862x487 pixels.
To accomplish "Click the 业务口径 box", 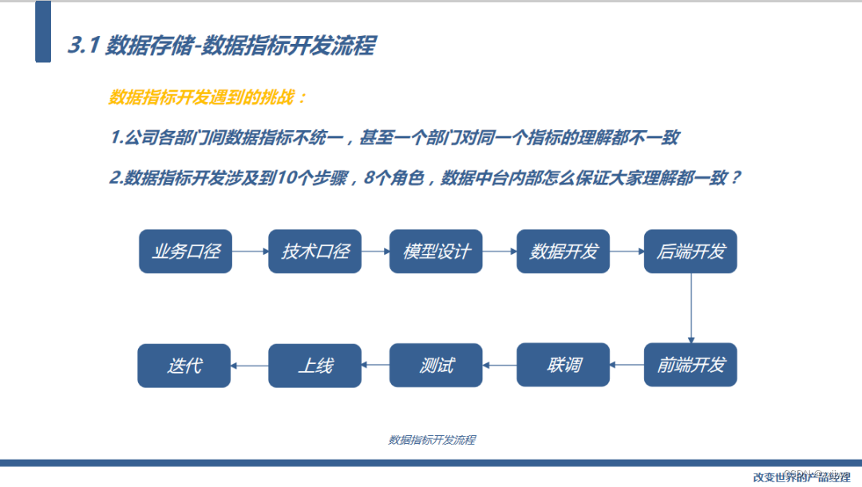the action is point(184,251).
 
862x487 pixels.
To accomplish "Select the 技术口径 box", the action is point(314,251).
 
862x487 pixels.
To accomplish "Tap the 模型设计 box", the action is point(436,251).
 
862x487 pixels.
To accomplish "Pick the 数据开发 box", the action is point(563,251).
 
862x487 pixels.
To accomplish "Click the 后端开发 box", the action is point(690,251).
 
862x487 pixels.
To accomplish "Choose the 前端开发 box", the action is point(690,366).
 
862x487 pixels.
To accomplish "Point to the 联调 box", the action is point(563,366).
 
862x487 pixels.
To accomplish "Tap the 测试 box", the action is point(436,366).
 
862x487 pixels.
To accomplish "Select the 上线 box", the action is point(314,366).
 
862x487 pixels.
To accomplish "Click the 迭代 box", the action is point(184,366).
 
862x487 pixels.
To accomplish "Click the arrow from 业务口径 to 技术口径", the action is point(250,251).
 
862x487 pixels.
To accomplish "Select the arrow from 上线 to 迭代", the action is point(250,366).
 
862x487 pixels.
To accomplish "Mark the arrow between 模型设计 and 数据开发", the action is point(500,251).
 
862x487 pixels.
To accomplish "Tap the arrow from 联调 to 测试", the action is point(500,366).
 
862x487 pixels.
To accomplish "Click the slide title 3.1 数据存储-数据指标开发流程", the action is point(221,46).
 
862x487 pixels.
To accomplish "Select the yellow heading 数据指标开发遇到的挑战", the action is point(207,98).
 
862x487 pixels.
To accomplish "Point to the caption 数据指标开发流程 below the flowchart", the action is point(432,440).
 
